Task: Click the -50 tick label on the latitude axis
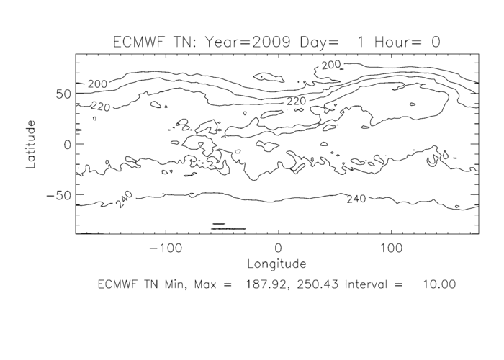[55, 194]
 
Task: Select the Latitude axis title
[31, 144]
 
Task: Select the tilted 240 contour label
[123, 199]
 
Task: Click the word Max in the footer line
[202, 284]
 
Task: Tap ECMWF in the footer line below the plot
[119, 284]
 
